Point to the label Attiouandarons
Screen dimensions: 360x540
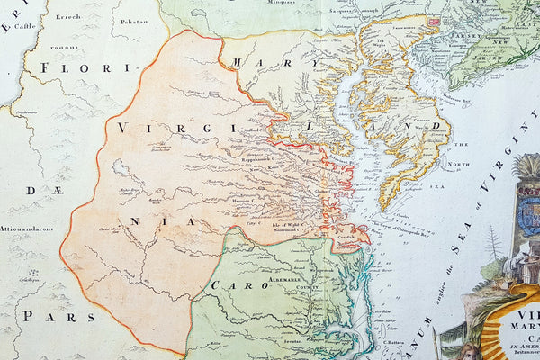[27, 229]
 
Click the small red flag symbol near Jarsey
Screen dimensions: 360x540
[435, 20]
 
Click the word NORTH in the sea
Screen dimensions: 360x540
[461, 164]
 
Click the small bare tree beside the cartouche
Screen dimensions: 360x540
[494, 243]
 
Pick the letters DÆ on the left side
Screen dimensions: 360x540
[33, 192]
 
